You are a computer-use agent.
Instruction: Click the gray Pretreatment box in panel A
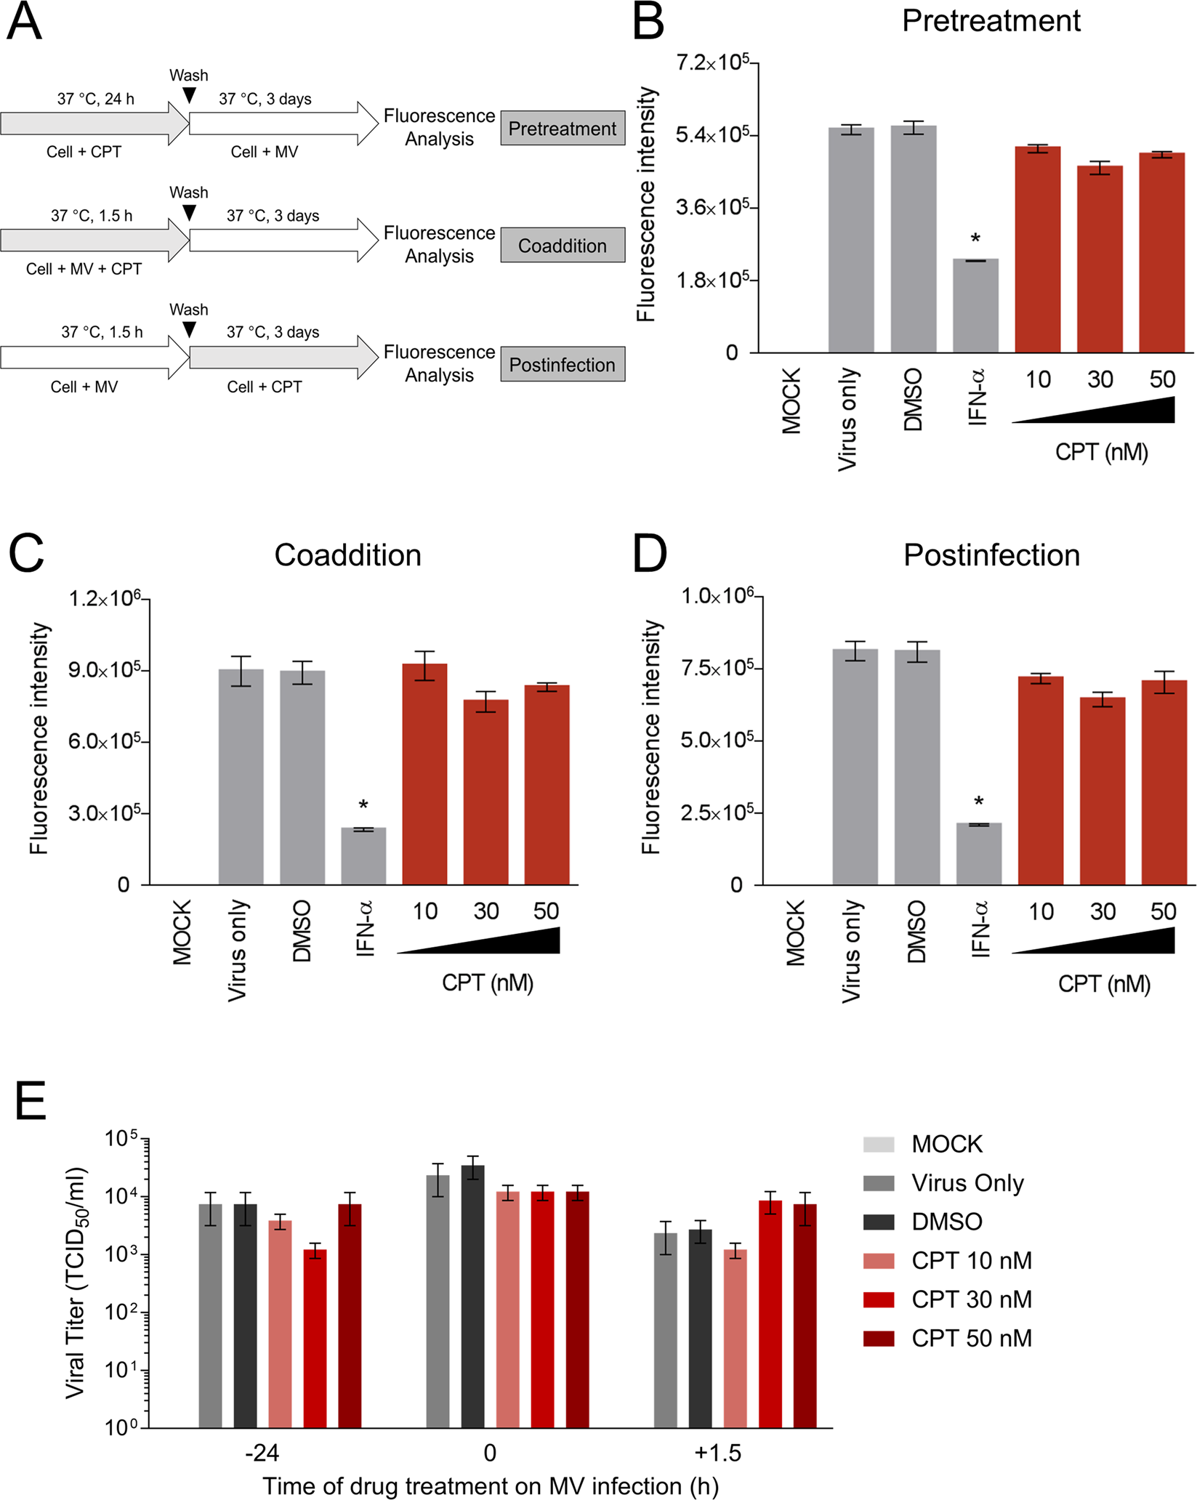click(x=562, y=129)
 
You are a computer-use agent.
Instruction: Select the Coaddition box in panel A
click(x=562, y=246)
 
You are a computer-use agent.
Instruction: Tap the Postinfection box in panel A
click(x=562, y=364)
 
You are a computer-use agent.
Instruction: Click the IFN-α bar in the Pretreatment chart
click(x=975, y=306)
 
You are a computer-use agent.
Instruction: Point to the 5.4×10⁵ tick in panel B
click(x=712, y=135)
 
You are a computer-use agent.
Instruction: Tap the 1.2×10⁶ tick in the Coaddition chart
click(x=105, y=599)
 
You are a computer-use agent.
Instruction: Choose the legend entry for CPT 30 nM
click(x=971, y=1299)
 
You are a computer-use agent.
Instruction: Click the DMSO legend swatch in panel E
click(x=879, y=1221)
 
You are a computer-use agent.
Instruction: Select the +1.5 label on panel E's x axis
click(x=717, y=1453)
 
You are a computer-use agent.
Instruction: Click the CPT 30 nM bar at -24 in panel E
click(x=315, y=1339)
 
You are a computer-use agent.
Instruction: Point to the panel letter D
click(x=649, y=555)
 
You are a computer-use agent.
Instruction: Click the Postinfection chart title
click(x=991, y=555)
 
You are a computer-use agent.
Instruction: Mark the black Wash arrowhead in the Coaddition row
click(x=189, y=212)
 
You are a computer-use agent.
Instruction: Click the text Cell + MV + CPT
click(x=84, y=269)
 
